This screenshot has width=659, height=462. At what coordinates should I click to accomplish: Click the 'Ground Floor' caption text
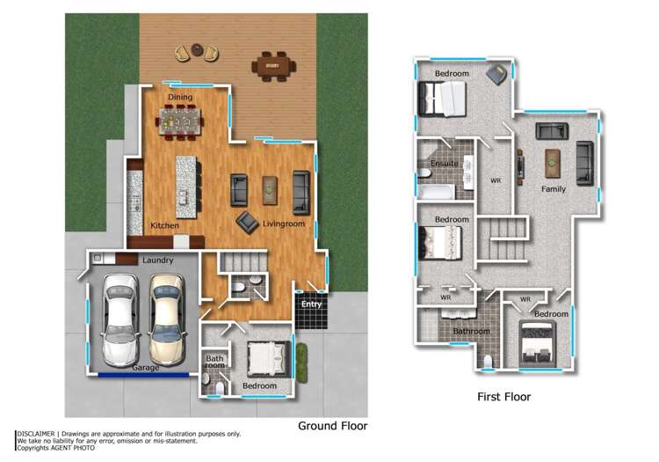[x=332, y=426]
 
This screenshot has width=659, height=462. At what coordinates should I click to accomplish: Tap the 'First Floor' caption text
[x=503, y=397]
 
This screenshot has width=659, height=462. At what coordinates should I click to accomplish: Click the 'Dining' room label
[x=180, y=97]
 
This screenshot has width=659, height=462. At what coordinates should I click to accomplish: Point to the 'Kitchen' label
[x=164, y=226]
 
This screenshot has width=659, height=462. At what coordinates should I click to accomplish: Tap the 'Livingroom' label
[x=283, y=225]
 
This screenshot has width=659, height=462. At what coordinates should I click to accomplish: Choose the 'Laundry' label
[x=157, y=260]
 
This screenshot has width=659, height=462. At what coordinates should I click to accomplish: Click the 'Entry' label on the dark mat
[x=311, y=304]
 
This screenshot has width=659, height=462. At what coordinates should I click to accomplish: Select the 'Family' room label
[x=553, y=189]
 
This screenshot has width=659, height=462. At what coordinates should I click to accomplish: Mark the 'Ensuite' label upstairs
[x=444, y=164]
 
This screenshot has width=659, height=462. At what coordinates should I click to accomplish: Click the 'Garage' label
[x=146, y=368]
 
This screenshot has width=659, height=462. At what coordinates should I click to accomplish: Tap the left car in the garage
[x=120, y=320]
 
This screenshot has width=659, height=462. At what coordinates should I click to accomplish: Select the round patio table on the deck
[x=196, y=52]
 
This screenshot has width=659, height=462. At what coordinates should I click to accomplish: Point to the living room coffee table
[x=270, y=187]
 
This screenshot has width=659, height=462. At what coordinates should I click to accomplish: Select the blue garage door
[x=142, y=374]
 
